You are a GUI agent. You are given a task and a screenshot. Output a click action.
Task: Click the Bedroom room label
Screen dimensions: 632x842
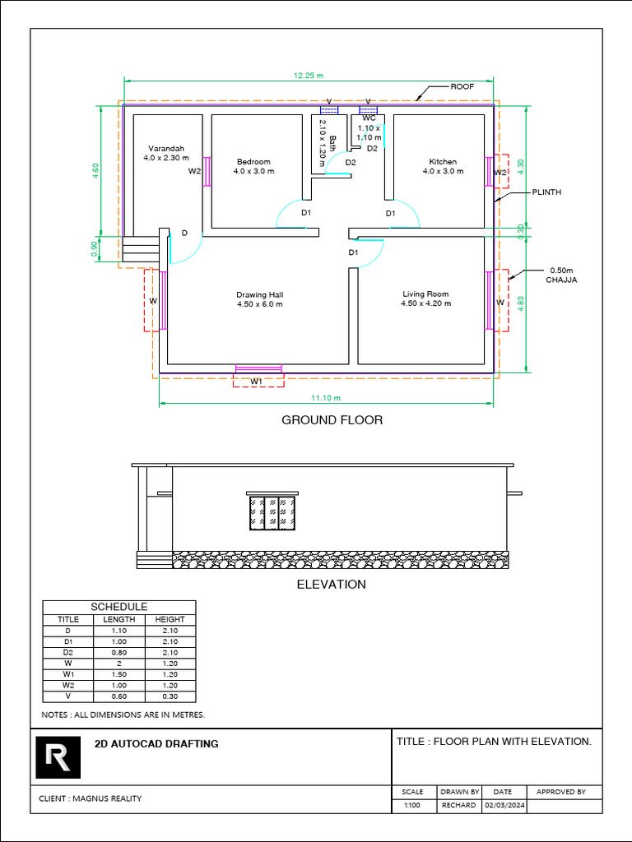(x=253, y=162)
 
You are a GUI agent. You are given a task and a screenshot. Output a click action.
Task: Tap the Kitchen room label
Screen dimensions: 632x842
(x=443, y=162)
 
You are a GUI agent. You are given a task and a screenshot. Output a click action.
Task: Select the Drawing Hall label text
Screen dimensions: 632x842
(x=259, y=295)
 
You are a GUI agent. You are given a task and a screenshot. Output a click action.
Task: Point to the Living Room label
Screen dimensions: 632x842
(x=425, y=294)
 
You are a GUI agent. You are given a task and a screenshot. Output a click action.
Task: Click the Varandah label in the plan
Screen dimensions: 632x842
(x=166, y=148)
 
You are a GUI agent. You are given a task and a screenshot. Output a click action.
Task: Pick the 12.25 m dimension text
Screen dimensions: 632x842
(x=309, y=76)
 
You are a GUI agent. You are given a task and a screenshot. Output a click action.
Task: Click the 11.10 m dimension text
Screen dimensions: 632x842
(x=326, y=398)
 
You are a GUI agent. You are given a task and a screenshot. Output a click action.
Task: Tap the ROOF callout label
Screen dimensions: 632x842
(x=462, y=86)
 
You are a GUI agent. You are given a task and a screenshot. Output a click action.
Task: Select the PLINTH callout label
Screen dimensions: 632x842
(x=546, y=192)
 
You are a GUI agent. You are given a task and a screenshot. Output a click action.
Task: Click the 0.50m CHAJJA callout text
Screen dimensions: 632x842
(x=561, y=275)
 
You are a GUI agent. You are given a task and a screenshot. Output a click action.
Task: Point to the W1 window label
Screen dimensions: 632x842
(x=257, y=382)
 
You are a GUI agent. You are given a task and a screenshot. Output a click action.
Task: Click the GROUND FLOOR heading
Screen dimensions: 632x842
(x=332, y=420)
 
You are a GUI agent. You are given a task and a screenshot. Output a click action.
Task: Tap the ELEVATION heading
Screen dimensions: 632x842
(x=332, y=585)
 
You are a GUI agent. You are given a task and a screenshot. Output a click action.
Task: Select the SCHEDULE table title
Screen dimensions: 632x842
(x=118, y=607)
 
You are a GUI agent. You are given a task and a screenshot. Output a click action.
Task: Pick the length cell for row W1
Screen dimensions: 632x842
(x=118, y=674)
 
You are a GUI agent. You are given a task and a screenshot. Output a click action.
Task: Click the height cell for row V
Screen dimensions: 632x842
(x=170, y=696)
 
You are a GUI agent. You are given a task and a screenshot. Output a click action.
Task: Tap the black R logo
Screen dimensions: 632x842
(x=58, y=757)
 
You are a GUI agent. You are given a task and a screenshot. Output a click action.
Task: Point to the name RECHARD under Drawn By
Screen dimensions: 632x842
(x=459, y=806)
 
